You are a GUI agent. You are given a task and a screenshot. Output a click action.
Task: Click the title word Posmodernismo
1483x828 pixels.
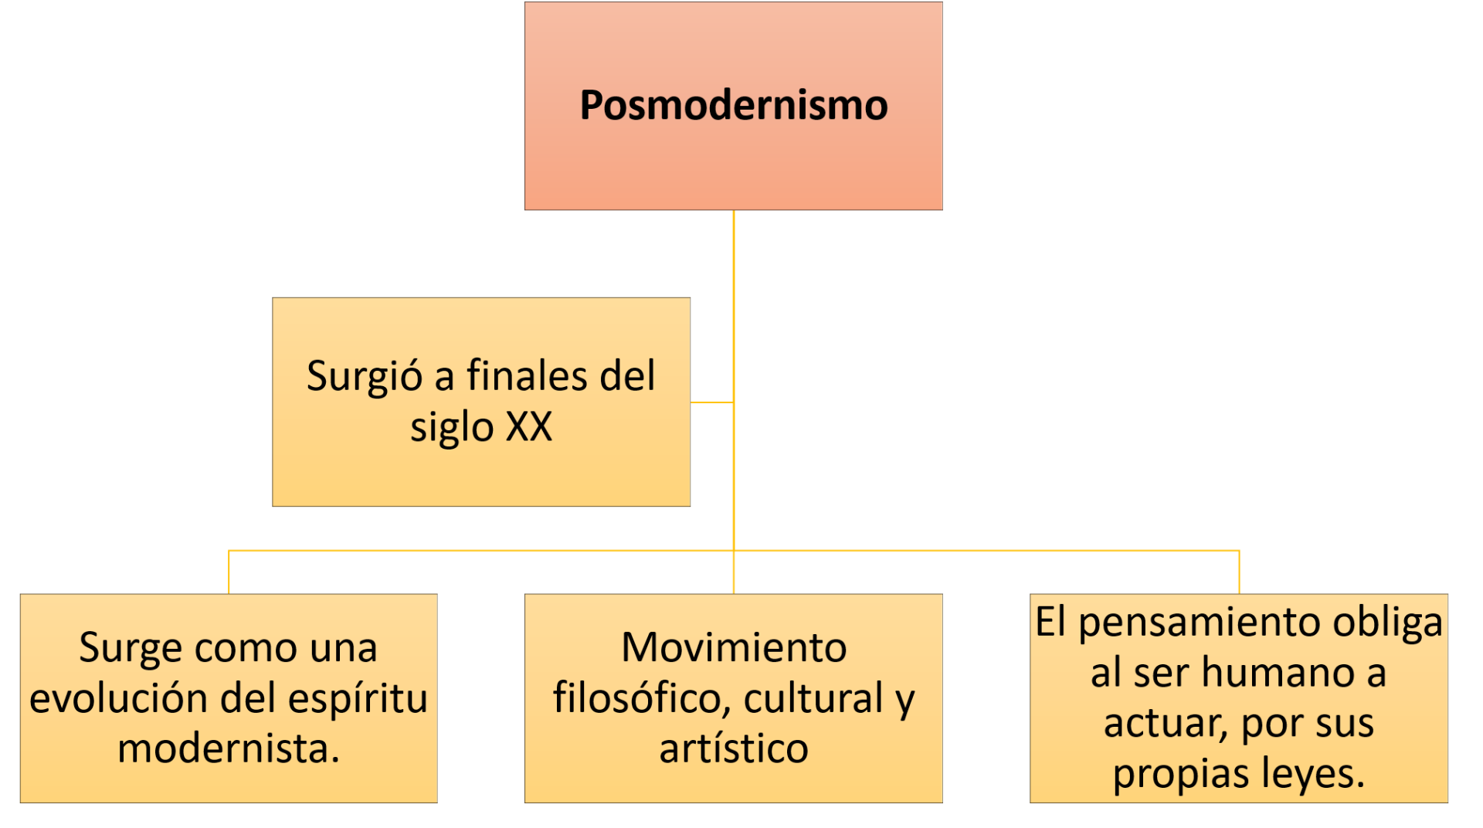pos(733,105)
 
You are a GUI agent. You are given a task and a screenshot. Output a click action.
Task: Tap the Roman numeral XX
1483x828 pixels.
pos(529,426)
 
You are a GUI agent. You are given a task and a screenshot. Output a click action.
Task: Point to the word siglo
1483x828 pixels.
pos(451,427)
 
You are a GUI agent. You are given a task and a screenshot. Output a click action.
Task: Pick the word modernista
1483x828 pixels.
pos(227,748)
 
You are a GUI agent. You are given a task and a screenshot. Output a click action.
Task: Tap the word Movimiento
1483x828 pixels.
pos(734,647)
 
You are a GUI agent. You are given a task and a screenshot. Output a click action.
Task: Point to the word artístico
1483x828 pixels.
pos(734,748)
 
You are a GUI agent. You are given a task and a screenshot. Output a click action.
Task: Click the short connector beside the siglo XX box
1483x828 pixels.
pos(711,402)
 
